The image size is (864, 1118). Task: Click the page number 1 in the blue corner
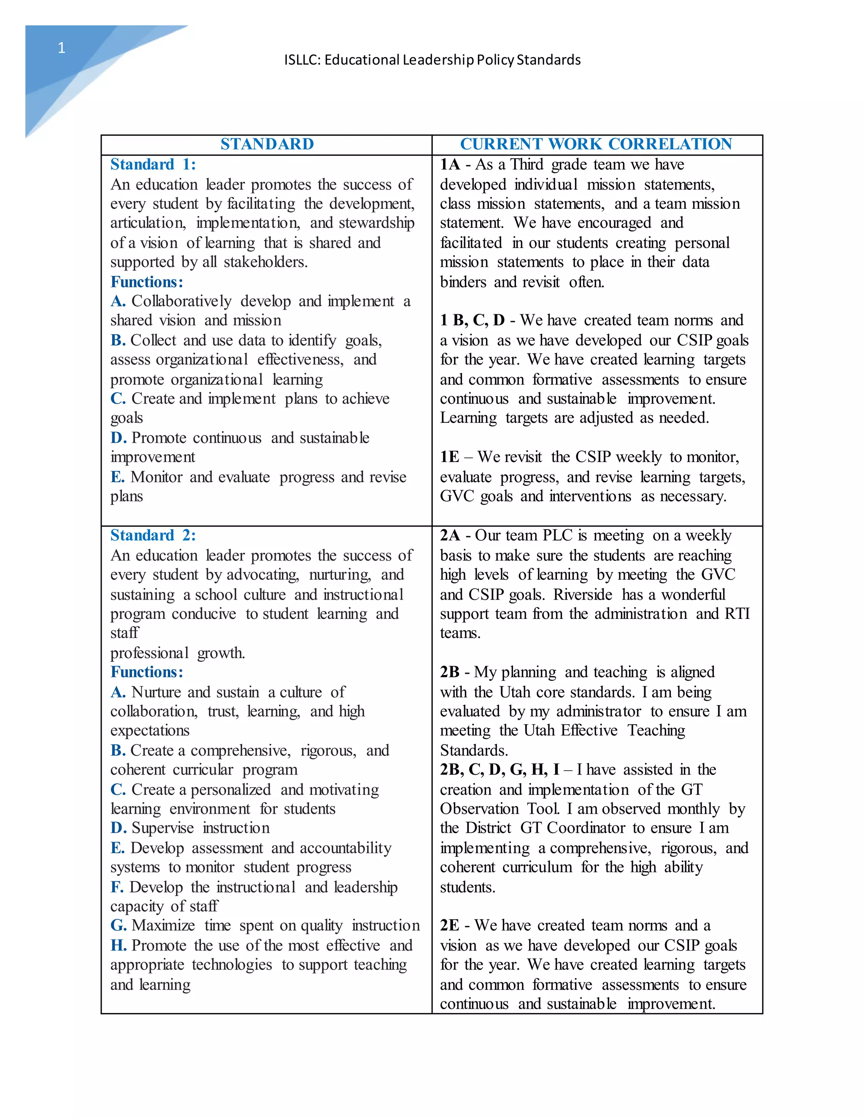62,48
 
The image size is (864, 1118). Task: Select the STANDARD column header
267,144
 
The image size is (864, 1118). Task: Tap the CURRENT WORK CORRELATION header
596,144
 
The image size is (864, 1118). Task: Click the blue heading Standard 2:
153,535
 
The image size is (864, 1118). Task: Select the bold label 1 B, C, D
472,321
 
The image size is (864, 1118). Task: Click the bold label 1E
449,457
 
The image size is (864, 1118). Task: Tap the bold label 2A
450,535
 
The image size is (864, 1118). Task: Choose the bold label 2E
449,926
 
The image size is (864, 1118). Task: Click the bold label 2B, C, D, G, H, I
499,770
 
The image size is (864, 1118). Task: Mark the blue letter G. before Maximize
118,926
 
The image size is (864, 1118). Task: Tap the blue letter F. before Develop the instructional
117,887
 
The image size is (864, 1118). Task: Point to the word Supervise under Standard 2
163,828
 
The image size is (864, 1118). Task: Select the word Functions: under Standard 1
146,282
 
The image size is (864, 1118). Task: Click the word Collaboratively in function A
181,302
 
